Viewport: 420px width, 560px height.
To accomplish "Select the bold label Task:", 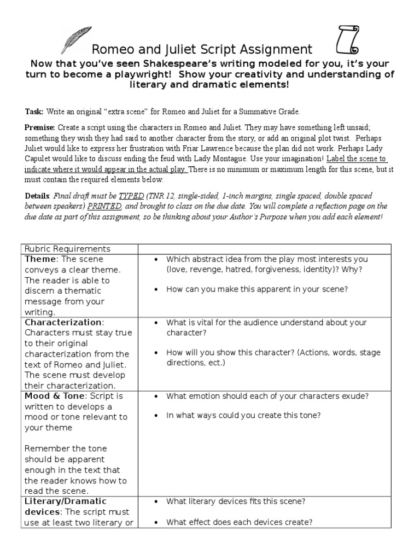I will [34, 112].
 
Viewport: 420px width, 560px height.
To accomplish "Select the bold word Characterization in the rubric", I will [62, 323].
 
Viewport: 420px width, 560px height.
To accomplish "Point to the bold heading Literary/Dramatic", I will [65, 501].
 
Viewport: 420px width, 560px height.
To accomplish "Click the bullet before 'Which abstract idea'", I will [157, 260].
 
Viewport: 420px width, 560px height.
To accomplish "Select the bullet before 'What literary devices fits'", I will [157, 501].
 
